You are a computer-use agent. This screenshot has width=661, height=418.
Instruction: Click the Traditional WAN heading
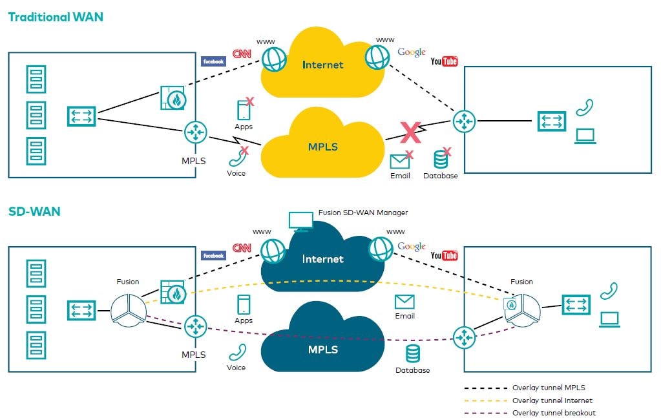tap(56, 17)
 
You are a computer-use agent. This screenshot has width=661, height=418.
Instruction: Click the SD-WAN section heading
tap(34, 211)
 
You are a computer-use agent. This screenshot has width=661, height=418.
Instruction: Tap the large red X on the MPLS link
tap(410, 132)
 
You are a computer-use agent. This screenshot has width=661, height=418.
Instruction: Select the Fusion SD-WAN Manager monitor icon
tap(299, 221)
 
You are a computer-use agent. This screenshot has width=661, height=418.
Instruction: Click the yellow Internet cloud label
tap(322, 65)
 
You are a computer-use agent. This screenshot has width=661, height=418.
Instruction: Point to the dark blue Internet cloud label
tap(322, 258)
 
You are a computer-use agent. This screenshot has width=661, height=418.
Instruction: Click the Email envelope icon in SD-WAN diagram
tap(404, 302)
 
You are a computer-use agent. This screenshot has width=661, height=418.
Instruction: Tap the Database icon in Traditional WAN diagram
tap(441, 160)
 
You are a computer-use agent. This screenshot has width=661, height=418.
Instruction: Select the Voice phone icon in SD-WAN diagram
tap(237, 352)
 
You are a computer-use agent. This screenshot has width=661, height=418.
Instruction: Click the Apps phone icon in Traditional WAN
tap(244, 110)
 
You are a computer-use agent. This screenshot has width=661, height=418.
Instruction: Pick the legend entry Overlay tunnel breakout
tap(554, 413)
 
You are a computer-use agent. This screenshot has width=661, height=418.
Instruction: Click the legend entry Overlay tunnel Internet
tap(552, 401)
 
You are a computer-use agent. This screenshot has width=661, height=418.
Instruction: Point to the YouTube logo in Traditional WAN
tap(444, 61)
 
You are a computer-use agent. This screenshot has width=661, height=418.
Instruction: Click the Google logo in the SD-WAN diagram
tap(411, 246)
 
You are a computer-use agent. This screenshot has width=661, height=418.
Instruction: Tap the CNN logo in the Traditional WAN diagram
tap(242, 54)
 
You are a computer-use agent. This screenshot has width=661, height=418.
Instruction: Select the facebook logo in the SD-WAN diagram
tap(213, 256)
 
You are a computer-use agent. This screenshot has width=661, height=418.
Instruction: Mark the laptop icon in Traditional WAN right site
tap(585, 136)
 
